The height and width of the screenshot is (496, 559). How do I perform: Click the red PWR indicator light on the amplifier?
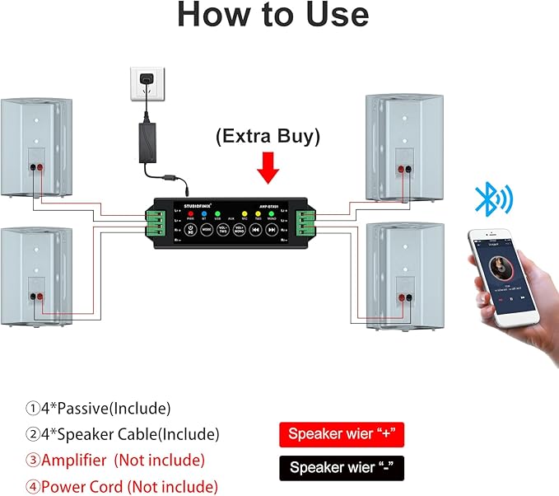[189, 213]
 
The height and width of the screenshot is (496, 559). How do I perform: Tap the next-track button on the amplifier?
[271, 231]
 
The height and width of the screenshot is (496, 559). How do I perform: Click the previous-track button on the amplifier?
[254, 231]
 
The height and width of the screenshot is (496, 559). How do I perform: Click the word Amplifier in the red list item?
[75, 461]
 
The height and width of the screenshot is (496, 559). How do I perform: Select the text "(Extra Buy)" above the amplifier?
[268, 136]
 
